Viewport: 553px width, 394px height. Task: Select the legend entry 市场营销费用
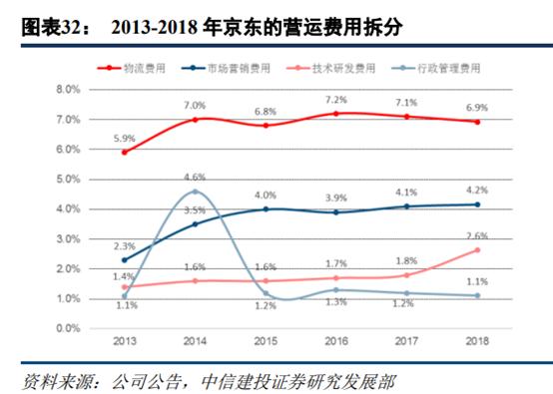tap(241, 67)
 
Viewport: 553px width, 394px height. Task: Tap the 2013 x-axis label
tap(124, 342)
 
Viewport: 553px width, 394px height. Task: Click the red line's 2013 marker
tap(124, 152)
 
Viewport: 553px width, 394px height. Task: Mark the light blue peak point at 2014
tap(196, 192)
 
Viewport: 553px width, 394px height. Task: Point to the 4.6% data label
tap(196, 178)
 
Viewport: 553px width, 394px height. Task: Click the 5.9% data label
tap(124, 138)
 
